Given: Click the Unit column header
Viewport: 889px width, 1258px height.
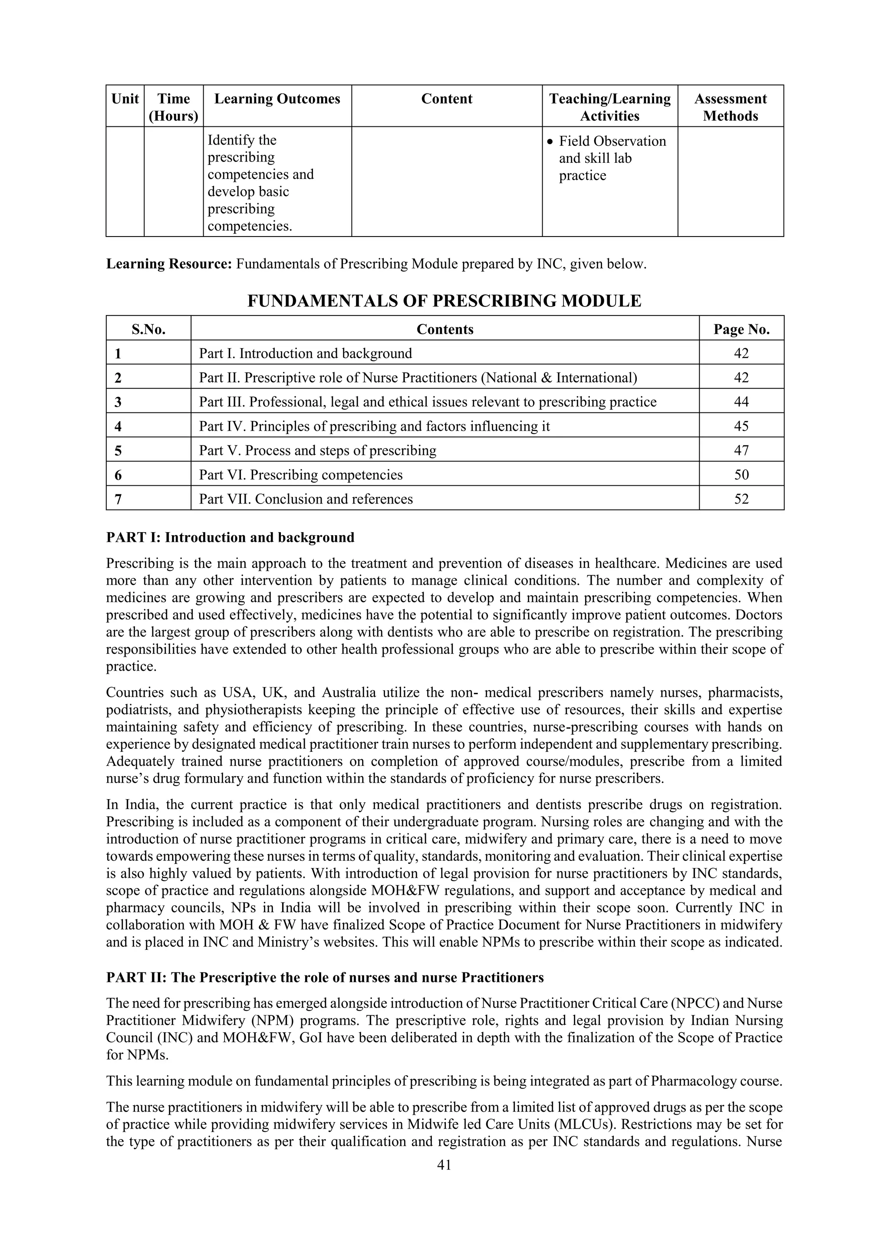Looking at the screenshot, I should tap(125, 99).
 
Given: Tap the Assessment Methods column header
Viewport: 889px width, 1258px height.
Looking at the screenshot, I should tap(730, 107).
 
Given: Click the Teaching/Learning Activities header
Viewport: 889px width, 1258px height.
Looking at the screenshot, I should tap(609, 107).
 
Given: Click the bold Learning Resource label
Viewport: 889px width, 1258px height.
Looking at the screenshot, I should tap(169, 264).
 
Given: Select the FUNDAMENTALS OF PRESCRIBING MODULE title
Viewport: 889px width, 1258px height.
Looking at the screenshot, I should tap(444, 301).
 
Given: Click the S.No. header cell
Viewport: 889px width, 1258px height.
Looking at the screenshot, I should tap(148, 329).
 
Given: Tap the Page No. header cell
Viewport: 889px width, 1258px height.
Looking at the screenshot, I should tap(741, 329).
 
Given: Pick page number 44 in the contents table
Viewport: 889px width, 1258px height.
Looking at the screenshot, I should tap(741, 402).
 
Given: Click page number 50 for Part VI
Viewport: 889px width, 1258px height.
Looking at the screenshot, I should tap(741, 475).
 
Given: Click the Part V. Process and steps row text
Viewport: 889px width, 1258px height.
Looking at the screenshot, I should tap(318, 451).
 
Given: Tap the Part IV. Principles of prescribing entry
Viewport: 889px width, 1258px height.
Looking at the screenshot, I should tap(374, 426).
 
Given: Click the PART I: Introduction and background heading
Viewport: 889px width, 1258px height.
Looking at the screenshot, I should tap(230, 537).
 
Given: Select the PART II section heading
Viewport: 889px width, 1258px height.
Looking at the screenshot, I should tap(325, 978).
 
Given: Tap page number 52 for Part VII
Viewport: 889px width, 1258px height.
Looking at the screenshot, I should tap(741, 499).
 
